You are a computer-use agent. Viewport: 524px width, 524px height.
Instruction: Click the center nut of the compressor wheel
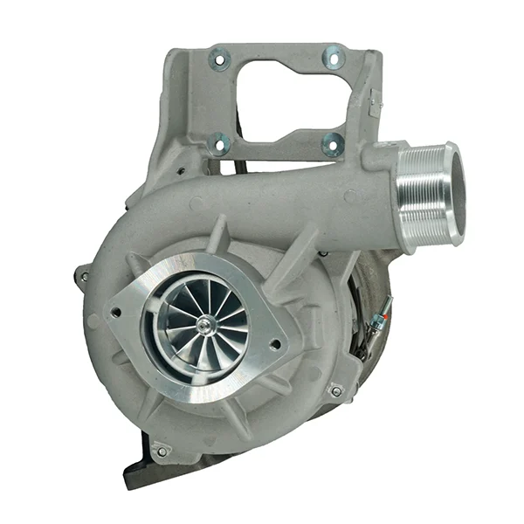(x=204, y=326)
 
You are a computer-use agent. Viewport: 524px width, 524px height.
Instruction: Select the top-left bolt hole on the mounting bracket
(x=219, y=60)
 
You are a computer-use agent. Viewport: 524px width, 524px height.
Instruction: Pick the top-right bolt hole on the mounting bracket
(x=334, y=58)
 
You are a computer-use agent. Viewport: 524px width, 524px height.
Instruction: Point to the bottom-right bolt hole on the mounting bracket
(x=332, y=144)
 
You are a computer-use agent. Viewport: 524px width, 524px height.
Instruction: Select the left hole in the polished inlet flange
(x=116, y=310)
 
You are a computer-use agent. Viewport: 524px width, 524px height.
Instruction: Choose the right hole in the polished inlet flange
(x=277, y=344)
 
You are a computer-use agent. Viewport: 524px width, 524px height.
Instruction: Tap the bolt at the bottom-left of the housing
(x=160, y=451)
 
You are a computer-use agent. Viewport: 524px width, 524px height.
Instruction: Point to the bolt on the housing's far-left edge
(x=84, y=277)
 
